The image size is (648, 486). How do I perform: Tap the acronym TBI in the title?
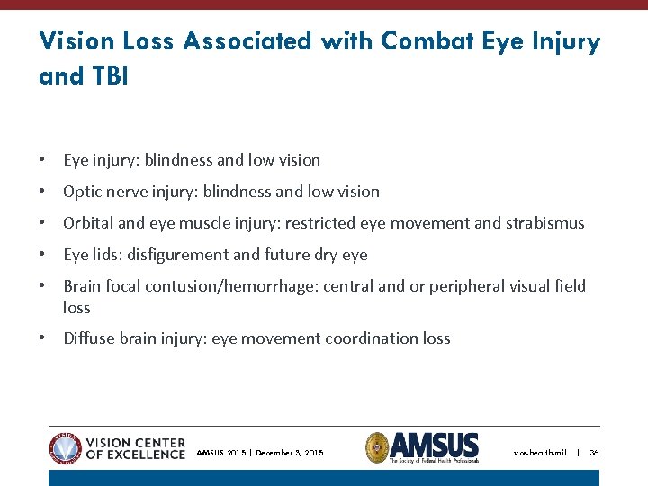(109, 76)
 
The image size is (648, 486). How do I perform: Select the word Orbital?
(88, 223)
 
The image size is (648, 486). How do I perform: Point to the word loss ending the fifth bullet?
(76, 308)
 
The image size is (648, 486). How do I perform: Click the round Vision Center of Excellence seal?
(66, 447)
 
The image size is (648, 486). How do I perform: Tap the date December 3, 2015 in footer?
(289, 453)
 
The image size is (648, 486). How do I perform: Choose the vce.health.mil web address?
(540, 453)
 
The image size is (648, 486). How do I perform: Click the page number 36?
(594, 453)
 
